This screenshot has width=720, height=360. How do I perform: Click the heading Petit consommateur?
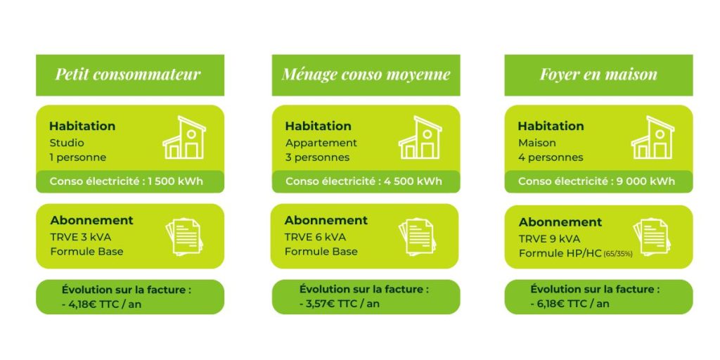(x=128, y=75)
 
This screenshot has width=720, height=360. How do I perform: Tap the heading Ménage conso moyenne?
(x=366, y=75)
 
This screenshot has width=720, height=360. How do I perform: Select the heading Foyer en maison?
(x=598, y=75)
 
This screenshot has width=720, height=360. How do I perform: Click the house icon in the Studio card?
(x=184, y=138)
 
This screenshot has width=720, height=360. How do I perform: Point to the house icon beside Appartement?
(x=420, y=138)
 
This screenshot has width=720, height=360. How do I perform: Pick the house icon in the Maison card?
(x=652, y=138)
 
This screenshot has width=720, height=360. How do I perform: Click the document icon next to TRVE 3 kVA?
(x=184, y=236)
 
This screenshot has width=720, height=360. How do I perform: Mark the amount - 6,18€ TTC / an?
(x=570, y=304)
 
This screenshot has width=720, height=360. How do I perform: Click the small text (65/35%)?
(x=618, y=254)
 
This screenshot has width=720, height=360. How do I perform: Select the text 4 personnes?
(x=551, y=157)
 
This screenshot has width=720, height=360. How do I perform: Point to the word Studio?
(x=67, y=143)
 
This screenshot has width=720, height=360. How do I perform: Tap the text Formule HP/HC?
(x=560, y=253)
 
